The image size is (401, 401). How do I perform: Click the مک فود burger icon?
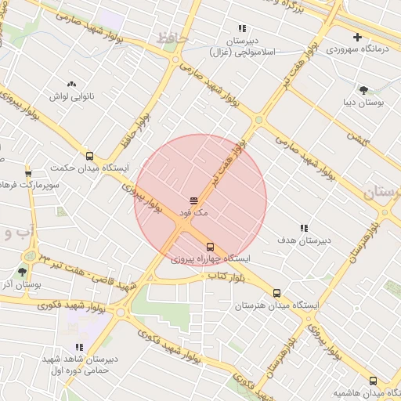[193, 201]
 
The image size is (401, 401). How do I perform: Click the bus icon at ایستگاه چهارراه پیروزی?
[209, 247]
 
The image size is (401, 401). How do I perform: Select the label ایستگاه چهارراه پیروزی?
[211, 258]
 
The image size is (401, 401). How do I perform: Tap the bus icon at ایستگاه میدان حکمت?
[89, 156]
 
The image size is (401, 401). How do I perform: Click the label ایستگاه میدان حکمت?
[90, 168]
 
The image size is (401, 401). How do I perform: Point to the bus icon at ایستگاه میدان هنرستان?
[276, 293]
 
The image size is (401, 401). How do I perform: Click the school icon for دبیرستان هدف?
[304, 228]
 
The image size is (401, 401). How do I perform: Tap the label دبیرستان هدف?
[303, 240]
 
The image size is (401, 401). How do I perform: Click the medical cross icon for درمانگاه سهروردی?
[358, 37]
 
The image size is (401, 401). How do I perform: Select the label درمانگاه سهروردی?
[357, 49]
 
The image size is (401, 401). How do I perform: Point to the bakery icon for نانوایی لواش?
[72, 84]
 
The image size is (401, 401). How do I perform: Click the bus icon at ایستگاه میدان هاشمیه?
[373, 380]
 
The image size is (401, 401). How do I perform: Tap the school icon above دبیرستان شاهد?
[78, 347]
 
